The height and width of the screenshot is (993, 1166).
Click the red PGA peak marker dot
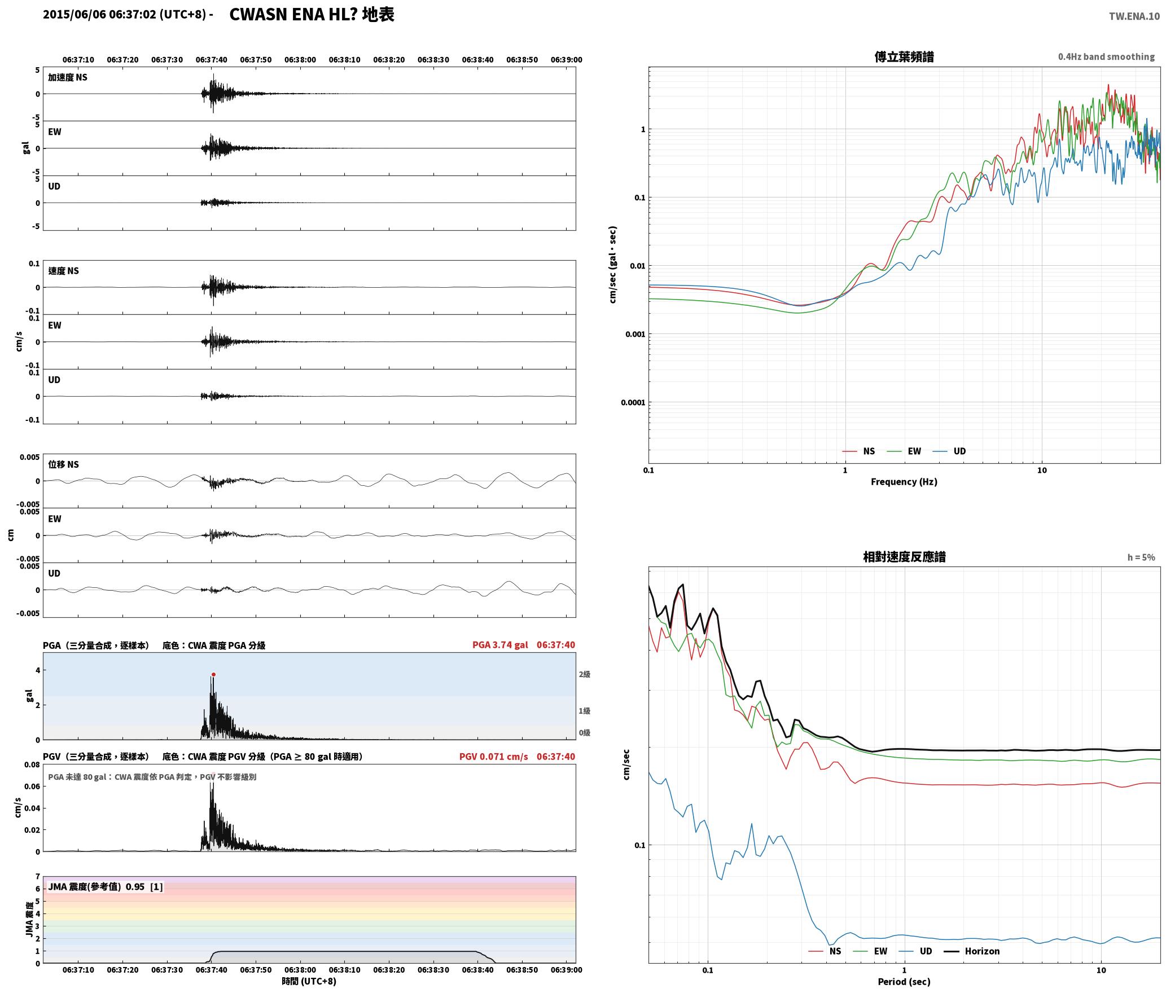(x=213, y=674)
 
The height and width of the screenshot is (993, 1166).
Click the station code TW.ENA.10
(x=1134, y=16)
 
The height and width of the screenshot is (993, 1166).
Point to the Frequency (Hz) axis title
(x=904, y=481)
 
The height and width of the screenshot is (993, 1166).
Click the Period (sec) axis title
(x=904, y=981)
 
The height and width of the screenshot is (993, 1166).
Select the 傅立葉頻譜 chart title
(x=904, y=56)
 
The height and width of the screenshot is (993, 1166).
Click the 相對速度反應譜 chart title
(x=904, y=556)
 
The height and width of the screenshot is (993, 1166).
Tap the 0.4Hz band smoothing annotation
(x=1106, y=56)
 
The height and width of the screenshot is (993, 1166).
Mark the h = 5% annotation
(x=1141, y=557)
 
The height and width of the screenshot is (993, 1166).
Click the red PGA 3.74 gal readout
(x=500, y=645)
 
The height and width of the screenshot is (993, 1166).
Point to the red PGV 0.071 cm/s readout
(x=494, y=757)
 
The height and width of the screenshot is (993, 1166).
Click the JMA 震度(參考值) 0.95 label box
(x=106, y=886)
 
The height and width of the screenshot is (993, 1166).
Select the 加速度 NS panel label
(x=68, y=77)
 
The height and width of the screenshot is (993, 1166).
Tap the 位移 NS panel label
(x=64, y=464)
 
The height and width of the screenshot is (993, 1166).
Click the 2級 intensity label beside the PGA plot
(x=584, y=674)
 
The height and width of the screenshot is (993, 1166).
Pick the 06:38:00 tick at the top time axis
(x=300, y=59)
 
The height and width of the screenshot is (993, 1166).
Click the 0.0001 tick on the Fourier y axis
(x=633, y=402)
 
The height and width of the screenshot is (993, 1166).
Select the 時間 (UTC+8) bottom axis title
(x=309, y=981)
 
